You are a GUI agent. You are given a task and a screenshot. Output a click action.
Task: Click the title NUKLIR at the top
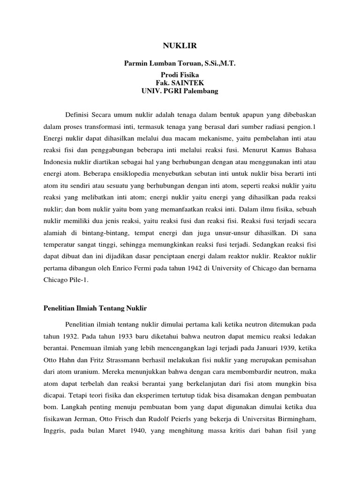tap(180, 45)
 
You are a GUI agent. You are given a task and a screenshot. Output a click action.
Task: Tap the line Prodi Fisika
tap(180, 75)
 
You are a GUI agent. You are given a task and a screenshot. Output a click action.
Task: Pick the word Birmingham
tap(297, 421)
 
